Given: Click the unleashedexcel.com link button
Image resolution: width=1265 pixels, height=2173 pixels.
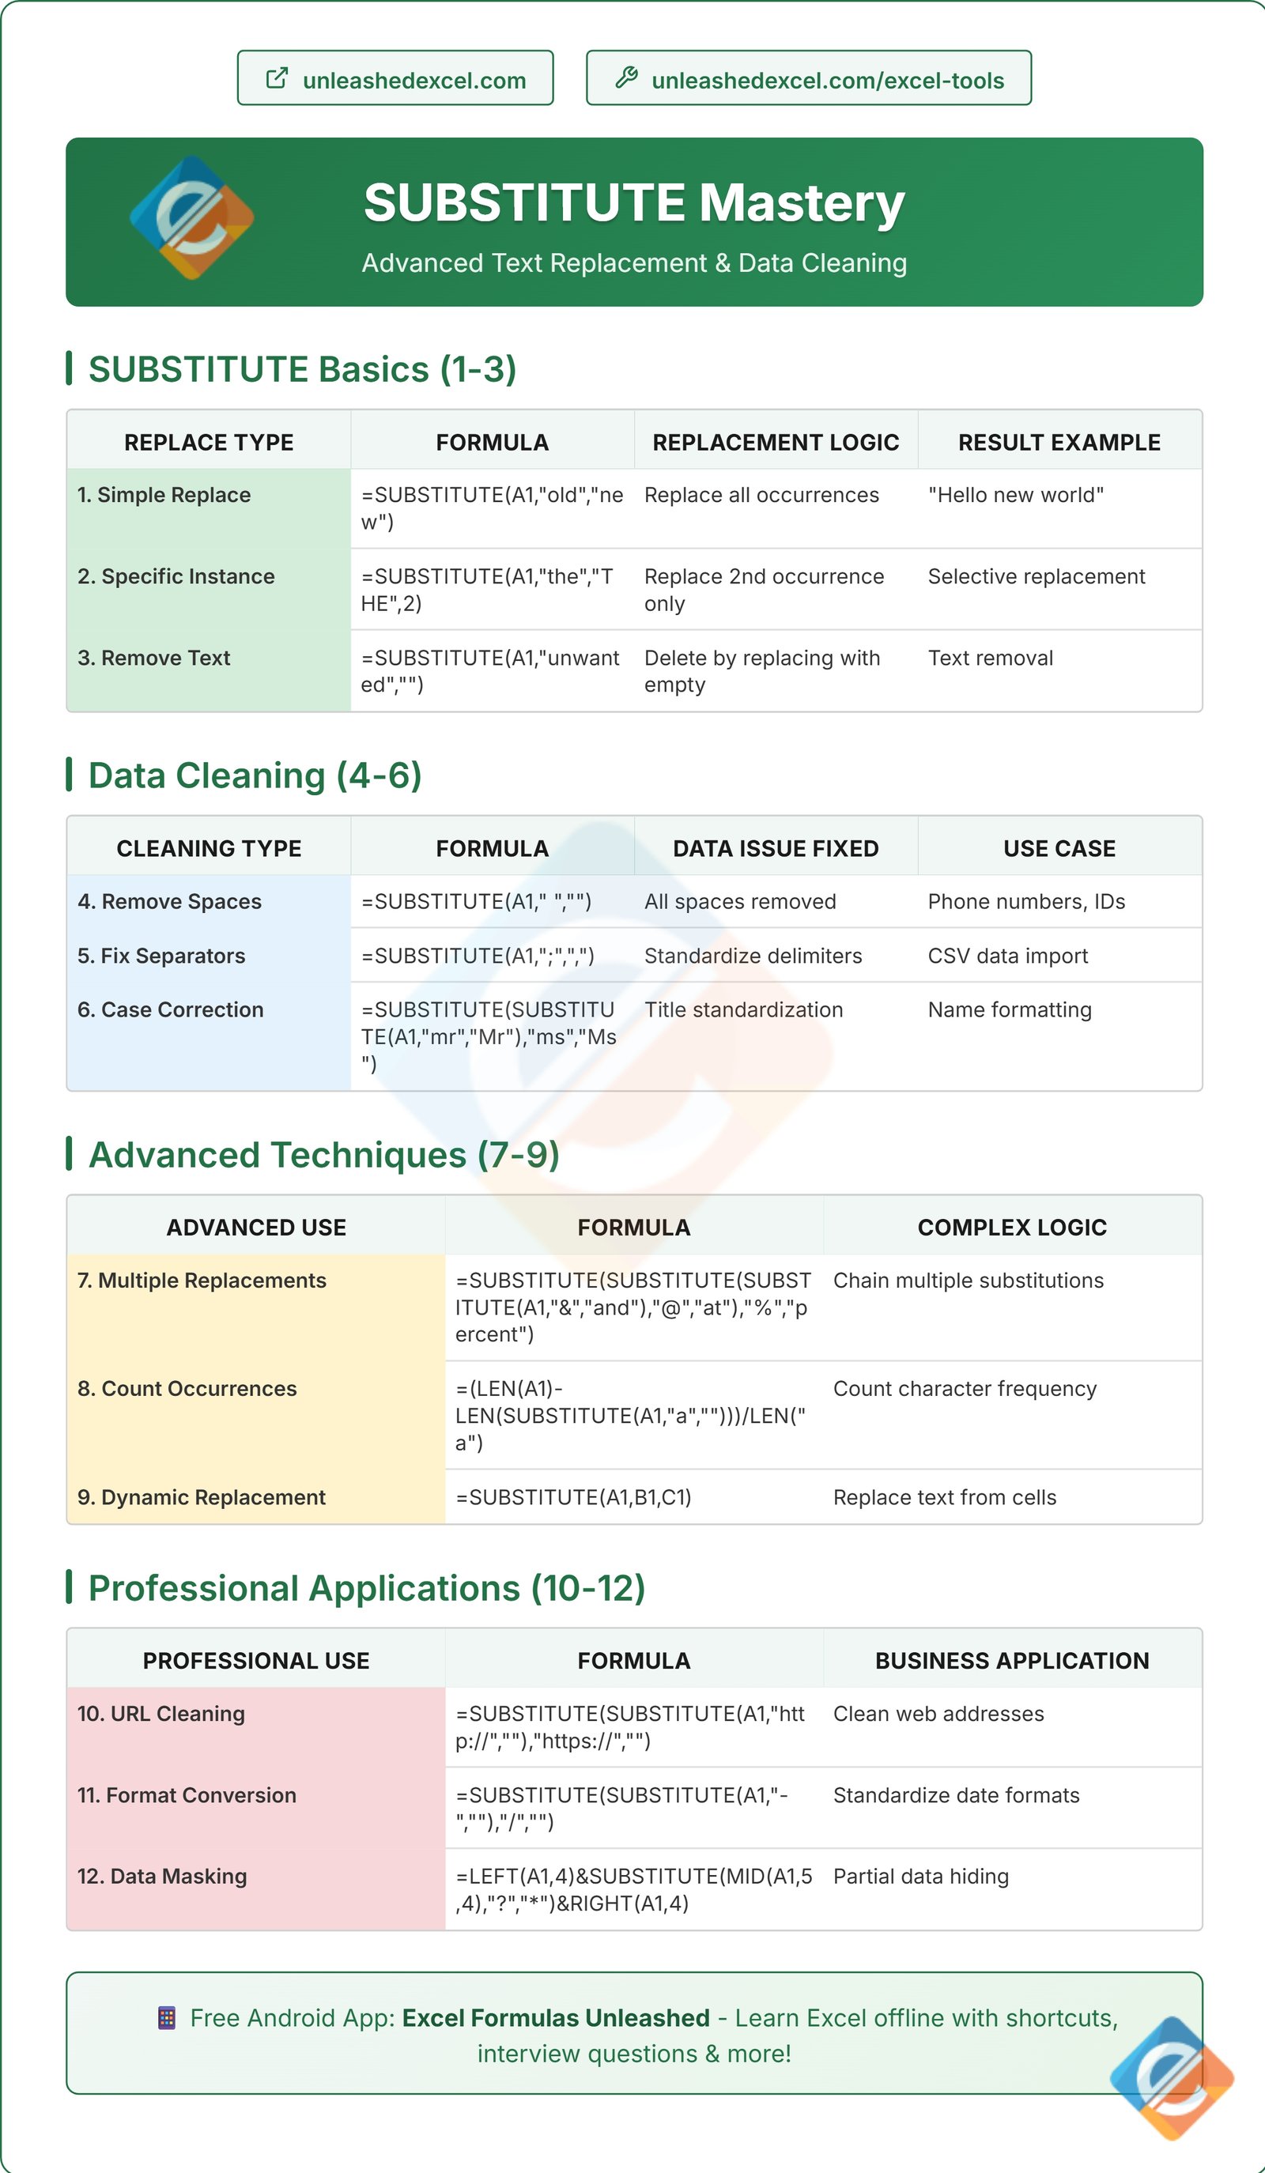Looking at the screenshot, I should point(395,79).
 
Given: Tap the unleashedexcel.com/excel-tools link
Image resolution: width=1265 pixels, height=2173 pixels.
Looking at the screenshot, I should point(808,79).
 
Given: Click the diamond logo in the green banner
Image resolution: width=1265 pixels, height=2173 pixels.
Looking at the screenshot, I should point(191,217).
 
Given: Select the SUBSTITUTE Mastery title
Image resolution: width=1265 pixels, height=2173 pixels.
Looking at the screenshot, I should point(634,203).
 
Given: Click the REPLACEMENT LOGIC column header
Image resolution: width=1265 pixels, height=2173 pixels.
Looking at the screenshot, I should point(776,443).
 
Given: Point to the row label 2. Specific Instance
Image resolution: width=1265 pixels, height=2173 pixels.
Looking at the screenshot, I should point(176,576).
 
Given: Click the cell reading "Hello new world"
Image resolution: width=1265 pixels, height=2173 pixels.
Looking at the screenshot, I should point(1015,495).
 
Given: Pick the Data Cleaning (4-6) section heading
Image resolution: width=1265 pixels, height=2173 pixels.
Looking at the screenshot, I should point(255,775).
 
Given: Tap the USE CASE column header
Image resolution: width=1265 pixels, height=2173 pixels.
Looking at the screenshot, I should point(1059,848).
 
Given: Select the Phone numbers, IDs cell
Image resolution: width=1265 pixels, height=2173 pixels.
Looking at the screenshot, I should point(1026,901).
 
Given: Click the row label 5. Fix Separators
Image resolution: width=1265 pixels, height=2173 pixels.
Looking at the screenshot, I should point(161,956).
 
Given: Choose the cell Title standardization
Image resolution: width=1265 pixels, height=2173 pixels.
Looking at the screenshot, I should point(743,1009).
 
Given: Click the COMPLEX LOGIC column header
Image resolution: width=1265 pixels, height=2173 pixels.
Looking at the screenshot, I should point(1011,1227).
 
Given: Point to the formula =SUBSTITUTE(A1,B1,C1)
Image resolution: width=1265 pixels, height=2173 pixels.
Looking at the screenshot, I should point(573,1497).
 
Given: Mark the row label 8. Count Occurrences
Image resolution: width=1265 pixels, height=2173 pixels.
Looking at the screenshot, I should point(187,1388).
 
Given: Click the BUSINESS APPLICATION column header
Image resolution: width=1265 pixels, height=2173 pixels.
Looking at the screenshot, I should point(1011,1661).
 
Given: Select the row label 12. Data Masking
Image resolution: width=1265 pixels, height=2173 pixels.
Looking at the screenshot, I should point(162,1877).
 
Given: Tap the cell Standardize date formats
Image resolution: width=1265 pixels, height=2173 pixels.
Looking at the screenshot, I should point(955,1795).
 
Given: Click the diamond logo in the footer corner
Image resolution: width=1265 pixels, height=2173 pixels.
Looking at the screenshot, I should point(1172,2079).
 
